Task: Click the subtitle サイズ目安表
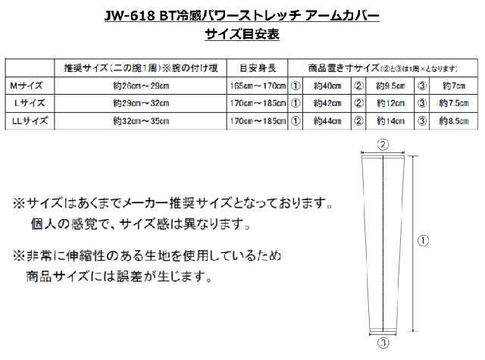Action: [242, 35]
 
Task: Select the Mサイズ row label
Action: [27, 85]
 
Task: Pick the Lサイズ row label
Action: [29, 102]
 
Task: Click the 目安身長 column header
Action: [256, 67]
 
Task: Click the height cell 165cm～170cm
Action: [256, 85]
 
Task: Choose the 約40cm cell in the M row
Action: [328, 85]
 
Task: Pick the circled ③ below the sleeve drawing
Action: [383, 343]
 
